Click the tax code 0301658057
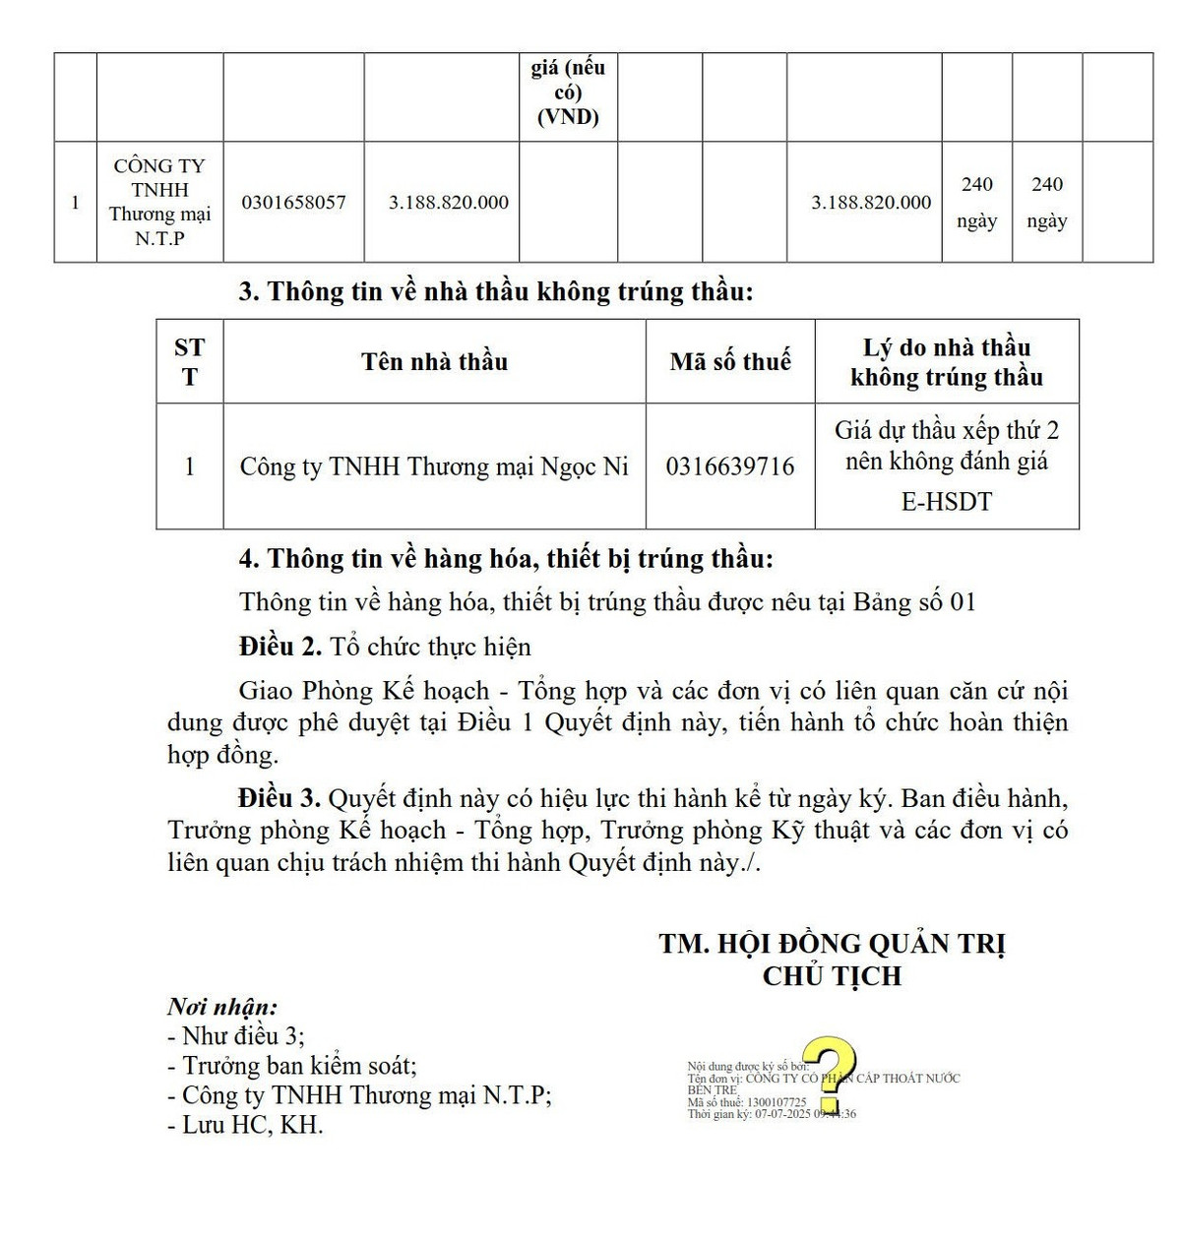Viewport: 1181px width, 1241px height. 293,203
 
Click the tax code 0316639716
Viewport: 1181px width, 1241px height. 729,466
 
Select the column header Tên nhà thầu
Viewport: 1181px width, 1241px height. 434,362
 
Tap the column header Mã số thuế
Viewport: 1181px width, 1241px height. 730,362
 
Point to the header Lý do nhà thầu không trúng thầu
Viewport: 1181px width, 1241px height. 946,362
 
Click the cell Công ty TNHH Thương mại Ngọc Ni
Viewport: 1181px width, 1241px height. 434,466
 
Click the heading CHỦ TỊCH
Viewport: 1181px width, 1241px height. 832,976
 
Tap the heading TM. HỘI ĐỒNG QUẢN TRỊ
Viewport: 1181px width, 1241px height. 832,944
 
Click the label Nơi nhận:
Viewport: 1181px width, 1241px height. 222,1007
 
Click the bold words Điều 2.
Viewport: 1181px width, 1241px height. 280,647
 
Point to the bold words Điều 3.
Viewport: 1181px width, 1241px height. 280,798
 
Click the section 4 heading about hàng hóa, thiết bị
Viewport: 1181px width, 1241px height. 506,559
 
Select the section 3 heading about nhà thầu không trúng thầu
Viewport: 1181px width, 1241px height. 496,292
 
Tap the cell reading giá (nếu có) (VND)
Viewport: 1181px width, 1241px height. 568,93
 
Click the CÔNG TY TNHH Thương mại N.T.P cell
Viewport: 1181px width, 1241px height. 159,202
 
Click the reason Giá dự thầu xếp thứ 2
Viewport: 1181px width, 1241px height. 946,431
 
